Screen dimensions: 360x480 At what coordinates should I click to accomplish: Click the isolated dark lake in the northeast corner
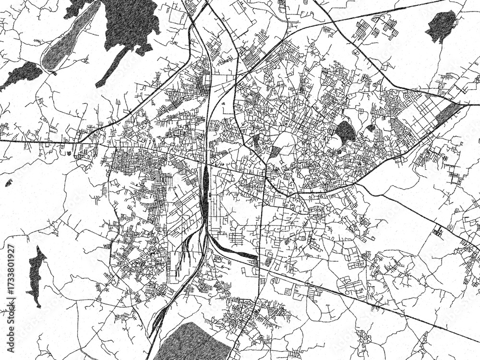tap(441, 25)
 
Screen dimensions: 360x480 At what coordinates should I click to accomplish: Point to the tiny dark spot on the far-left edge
tap(8, 183)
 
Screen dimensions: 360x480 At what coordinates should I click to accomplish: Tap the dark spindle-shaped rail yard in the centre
tap(205, 190)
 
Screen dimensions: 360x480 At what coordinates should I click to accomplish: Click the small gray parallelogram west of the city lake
tap(275, 152)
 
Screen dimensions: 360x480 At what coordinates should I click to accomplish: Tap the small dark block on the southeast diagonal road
tap(438, 230)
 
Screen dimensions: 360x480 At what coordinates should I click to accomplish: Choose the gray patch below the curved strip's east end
tap(268, 261)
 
